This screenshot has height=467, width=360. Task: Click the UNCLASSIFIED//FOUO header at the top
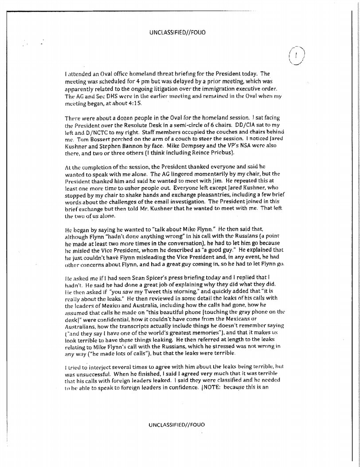177,32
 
